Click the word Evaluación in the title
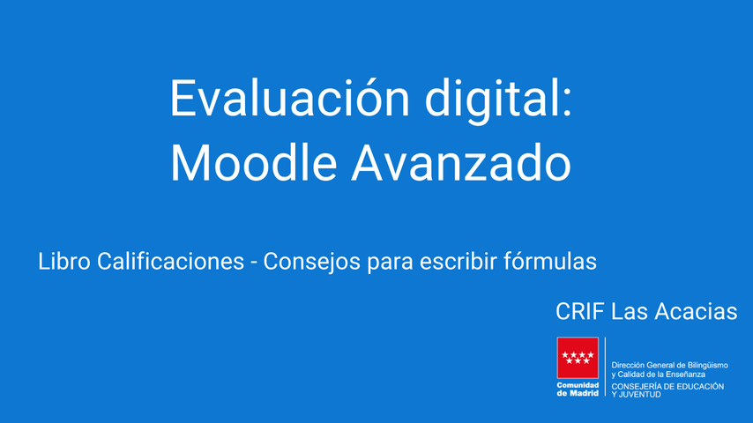(x=289, y=98)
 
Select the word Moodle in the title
(x=254, y=162)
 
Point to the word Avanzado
(x=461, y=162)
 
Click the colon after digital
(x=567, y=103)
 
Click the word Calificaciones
(x=170, y=261)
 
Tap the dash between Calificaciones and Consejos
(x=254, y=263)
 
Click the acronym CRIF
(x=579, y=312)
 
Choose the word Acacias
(x=696, y=312)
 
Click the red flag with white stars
(x=578, y=358)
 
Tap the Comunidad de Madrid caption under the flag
(x=578, y=390)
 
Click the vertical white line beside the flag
(x=605, y=367)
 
